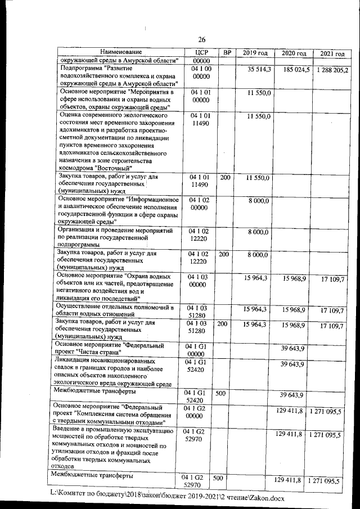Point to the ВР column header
227,52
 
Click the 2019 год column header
255,53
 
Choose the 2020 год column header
293,53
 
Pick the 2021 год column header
331,54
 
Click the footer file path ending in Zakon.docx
168,498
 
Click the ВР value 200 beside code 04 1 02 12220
223,255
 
